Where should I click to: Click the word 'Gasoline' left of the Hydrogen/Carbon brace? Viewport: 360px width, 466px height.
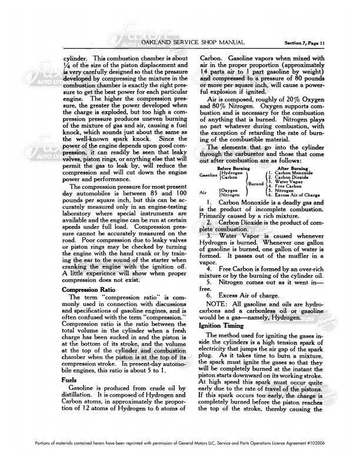209,159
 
